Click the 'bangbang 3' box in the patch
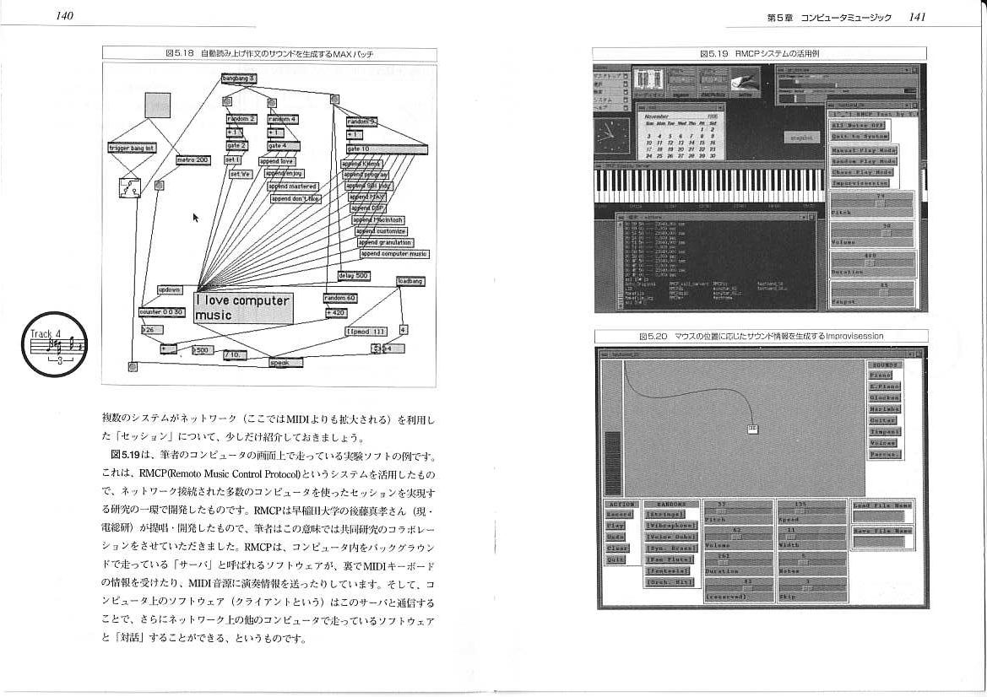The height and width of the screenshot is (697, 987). [x=238, y=78]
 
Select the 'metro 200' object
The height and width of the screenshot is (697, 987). [x=193, y=159]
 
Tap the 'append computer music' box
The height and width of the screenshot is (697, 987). [x=394, y=254]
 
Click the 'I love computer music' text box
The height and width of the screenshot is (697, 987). [x=244, y=308]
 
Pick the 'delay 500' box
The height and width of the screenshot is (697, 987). [x=354, y=276]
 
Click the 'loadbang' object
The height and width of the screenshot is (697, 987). [x=410, y=281]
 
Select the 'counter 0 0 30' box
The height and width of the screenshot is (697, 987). [x=161, y=312]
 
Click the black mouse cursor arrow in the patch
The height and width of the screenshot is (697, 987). [x=196, y=218]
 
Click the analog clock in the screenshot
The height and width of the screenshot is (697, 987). [x=612, y=133]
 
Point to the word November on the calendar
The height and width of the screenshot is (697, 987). [x=657, y=116]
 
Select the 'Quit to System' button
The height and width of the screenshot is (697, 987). [x=860, y=137]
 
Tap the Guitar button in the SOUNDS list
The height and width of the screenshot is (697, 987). [x=883, y=420]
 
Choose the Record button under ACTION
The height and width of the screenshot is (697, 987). [x=619, y=515]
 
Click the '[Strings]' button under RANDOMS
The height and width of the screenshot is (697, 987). [x=665, y=514]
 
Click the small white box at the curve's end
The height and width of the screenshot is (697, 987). [x=751, y=430]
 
